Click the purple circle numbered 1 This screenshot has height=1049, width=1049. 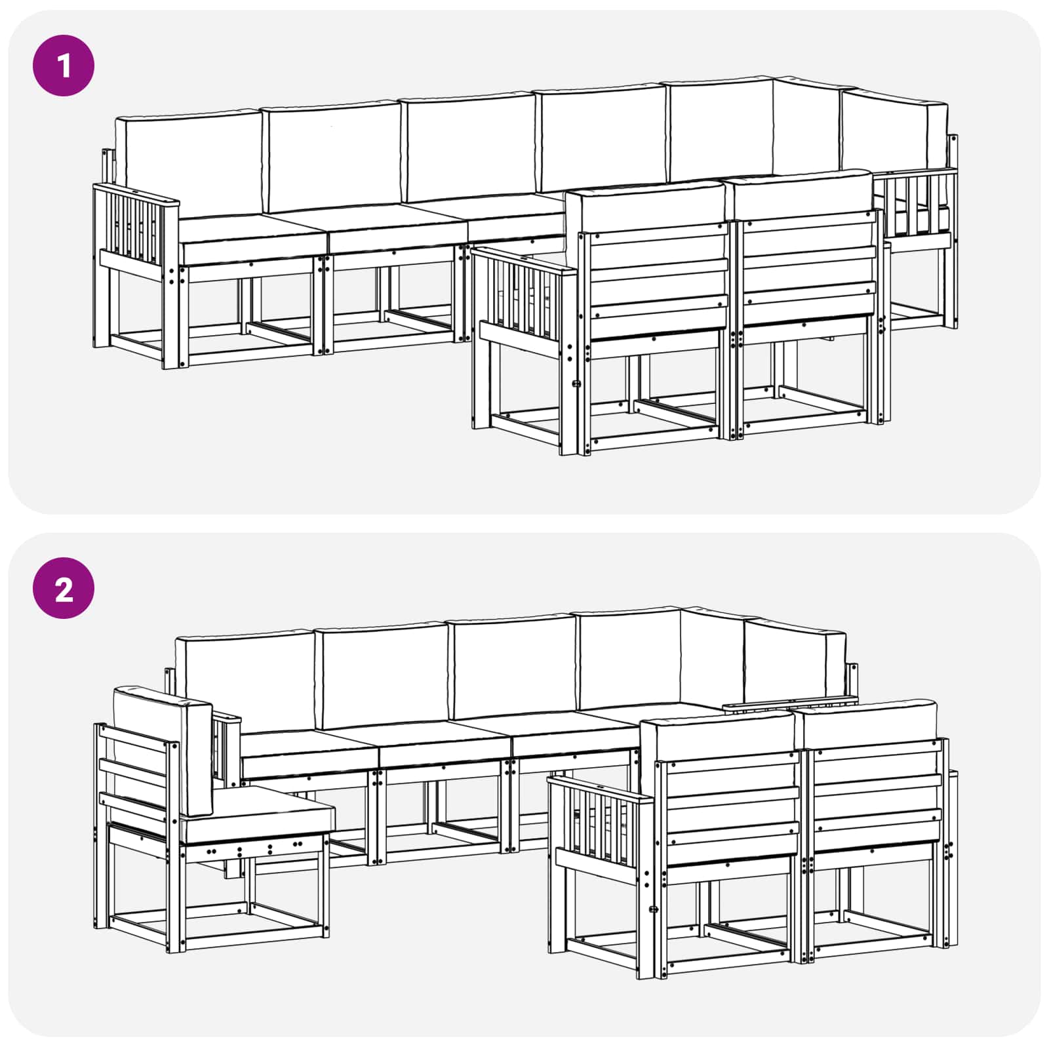coord(64,66)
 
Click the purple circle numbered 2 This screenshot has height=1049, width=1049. coord(64,589)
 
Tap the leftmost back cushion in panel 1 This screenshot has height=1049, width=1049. coord(189,164)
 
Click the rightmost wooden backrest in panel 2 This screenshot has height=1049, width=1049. coord(875,793)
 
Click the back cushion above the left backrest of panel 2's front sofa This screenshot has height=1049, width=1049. coord(718,734)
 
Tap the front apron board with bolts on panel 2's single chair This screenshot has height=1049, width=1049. coord(256,850)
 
